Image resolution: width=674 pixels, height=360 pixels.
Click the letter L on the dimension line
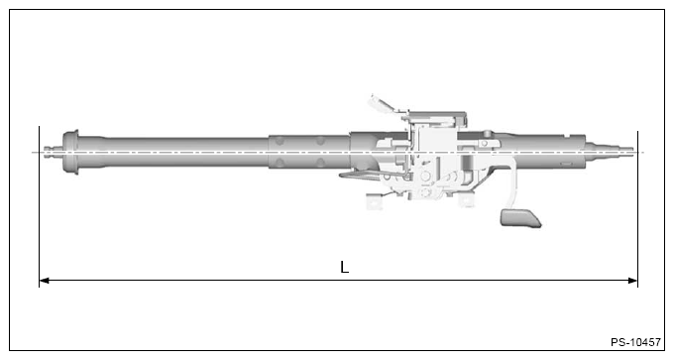click(x=344, y=268)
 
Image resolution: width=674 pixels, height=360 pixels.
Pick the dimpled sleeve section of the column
click(x=307, y=153)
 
